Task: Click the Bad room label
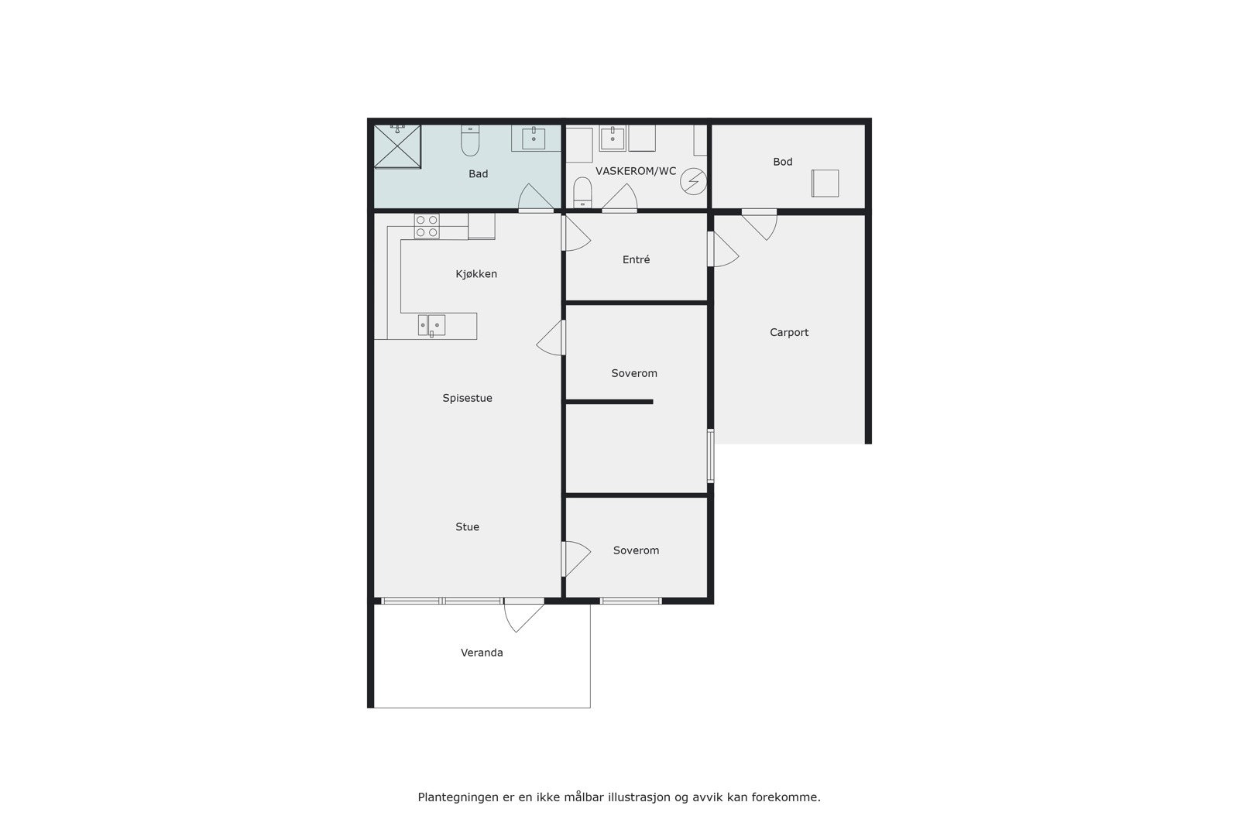[x=478, y=174]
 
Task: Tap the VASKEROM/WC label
[x=635, y=171]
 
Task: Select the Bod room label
[x=782, y=162]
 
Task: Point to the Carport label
[x=788, y=333]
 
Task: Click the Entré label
[x=636, y=260]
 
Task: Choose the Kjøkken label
[x=476, y=274]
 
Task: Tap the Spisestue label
[x=467, y=399]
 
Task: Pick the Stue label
[x=467, y=527]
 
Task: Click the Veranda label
[x=482, y=653]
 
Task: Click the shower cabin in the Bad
[x=397, y=146]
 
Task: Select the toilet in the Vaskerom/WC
[x=582, y=192]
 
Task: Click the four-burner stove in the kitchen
[x=426, y=226]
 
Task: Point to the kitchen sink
[x=431, y=325]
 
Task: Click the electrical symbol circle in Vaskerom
[x=693, y=182]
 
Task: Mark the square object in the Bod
[x=825, y=183]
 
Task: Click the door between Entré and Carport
[x=722, y=249]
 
